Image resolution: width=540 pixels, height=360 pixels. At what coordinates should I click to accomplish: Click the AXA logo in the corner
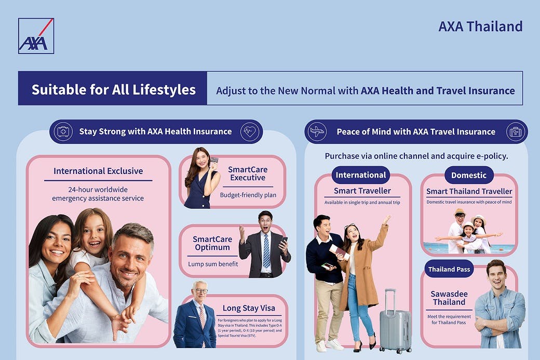click(x=36, y=36)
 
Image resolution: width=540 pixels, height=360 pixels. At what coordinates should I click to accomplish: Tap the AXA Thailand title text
click(x=480, y=26)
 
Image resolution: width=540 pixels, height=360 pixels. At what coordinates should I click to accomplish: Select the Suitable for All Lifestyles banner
click(x=113, y=88)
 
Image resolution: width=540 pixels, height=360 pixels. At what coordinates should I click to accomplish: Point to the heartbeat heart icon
click(x=250, y=131)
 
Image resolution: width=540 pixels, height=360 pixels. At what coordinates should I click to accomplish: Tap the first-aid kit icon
click(x=63, y=131)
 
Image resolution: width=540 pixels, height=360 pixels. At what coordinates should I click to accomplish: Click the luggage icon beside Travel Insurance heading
click(x=516, y=131)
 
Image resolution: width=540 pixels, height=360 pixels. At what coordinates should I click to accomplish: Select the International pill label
click(x=360, y=175)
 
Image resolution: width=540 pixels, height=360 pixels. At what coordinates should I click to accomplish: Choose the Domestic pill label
click(x=469, y=175)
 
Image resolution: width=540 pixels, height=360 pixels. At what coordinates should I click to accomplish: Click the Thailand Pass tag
click(x=449, y=269)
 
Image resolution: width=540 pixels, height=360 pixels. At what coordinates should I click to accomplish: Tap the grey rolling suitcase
click(x=395, y=322)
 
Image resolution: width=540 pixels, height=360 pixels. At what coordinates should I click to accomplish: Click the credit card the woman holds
click(x=214, y=160)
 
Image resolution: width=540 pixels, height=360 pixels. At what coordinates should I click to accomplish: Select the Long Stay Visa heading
click(x=249, y=308)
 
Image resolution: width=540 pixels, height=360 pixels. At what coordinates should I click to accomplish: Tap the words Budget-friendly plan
click(x=248, y=195)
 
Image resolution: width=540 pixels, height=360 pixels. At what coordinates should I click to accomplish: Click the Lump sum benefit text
click(x=213, y=264)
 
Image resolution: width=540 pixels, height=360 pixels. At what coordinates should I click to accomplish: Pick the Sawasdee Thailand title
click(x=449, y=298)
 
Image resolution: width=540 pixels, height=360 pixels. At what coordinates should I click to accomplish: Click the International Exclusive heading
click(x=98, y=171)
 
